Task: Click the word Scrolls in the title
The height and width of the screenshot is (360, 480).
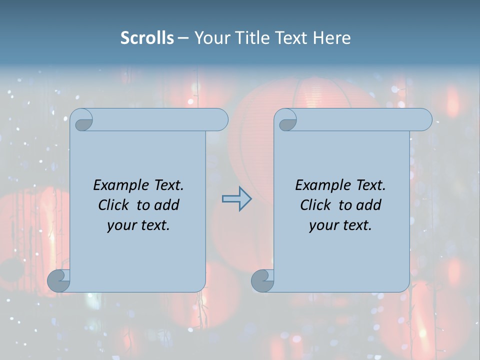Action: coord(147,37)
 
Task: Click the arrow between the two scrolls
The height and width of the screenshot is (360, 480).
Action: coord(236,199)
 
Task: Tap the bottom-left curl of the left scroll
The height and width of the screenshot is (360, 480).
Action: coord(58,280)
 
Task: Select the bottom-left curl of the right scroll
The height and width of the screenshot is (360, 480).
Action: coord(262,280)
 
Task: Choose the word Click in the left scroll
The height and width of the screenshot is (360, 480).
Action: coord(114,205)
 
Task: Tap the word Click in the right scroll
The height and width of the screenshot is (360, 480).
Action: coord(315,205)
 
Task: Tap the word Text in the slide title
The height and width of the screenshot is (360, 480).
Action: coord(290,37)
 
